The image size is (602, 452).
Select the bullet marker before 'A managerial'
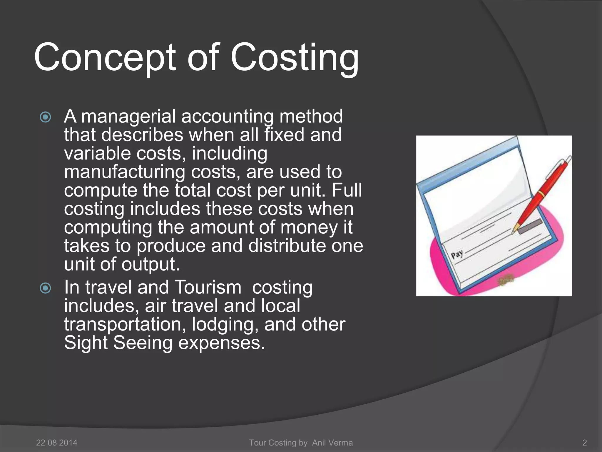pyautogui.click(x=46, y=117)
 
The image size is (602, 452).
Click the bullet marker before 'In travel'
pyautogui.click(x=46, y=288)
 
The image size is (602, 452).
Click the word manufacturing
pyautogui.click(x=124, y=172)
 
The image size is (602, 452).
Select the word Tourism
pyautogui.click(x=208, y=287)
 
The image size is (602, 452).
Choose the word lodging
pyautogui.click(x=225, y=325)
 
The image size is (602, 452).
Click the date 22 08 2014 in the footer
pyautogui.click(x=57, y=443)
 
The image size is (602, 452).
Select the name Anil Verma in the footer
pyautogui.click(x=332, y=443)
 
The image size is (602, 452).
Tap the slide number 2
pyautogui.click(x=584, y=443)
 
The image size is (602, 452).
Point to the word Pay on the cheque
pyautogui.click(x=457, y=254)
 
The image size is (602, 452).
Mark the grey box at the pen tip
pyautogui.click(x=530, y=227)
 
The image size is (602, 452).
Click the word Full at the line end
pyautogui.click(x=347, y=190)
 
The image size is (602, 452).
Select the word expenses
pyautogui.click(x=222, y=343)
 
